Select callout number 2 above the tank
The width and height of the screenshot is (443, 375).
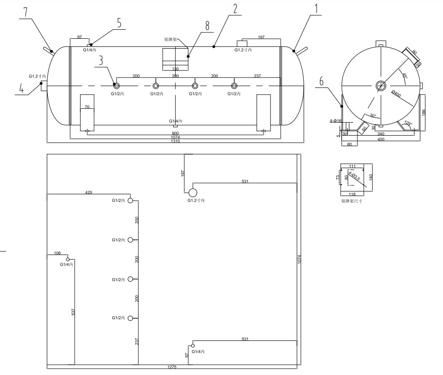tap(234, 9)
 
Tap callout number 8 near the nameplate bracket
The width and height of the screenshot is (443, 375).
tap(207, 26)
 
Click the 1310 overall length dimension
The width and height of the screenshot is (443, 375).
tap(174, 142)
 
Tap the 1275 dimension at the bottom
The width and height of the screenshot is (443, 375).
tap(172, 367)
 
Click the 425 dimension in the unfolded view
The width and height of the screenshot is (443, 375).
tap(88, 192)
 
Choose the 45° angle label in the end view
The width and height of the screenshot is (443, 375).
tap(405, 76)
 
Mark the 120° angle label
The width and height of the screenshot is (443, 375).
tap(408, 123)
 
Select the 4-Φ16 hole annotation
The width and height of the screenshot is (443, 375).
tap(336, 121)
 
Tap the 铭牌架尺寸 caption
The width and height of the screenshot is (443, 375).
tap(352, 201)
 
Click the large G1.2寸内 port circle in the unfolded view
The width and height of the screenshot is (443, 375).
tap(193, 192)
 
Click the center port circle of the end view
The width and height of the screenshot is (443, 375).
tap(381, 86)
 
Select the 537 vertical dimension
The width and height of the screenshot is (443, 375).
tap(73, 312)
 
